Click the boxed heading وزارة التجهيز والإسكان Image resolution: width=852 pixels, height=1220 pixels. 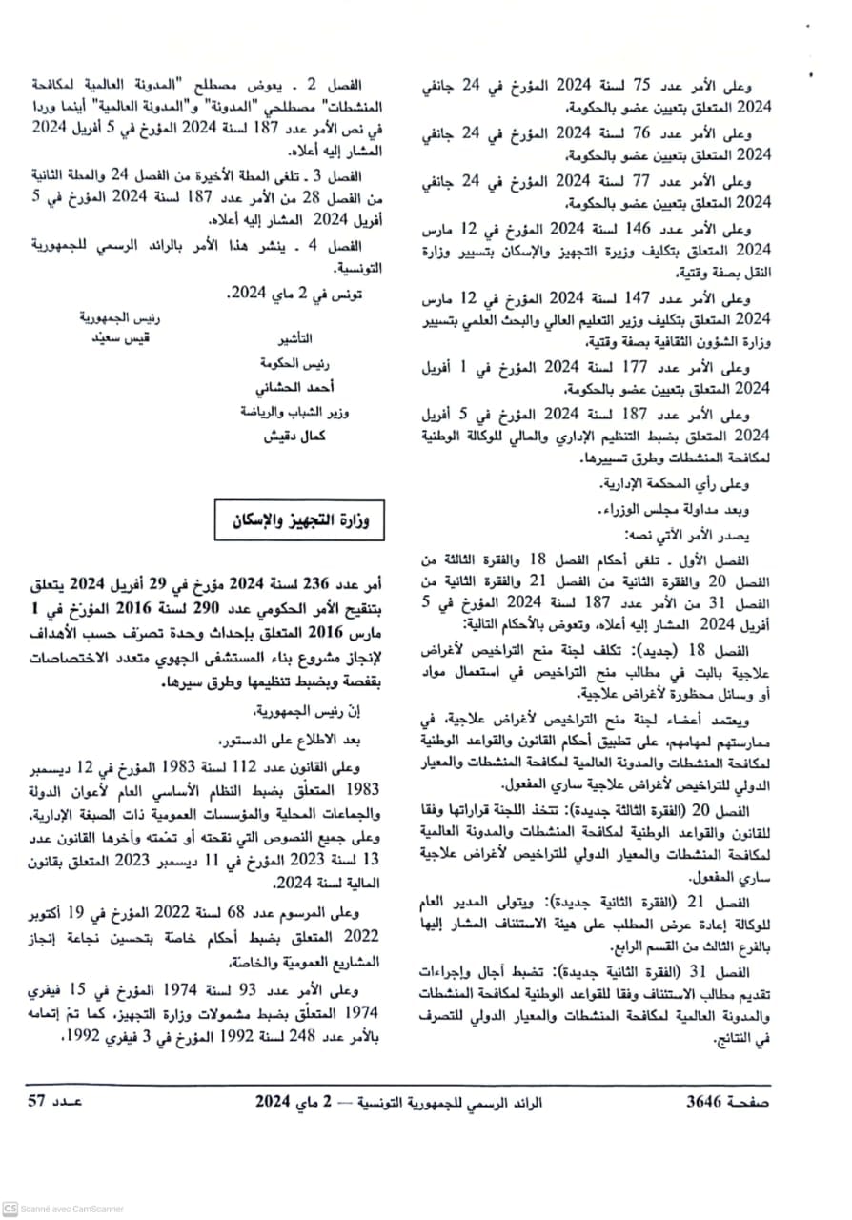click(x=302, y=521)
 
